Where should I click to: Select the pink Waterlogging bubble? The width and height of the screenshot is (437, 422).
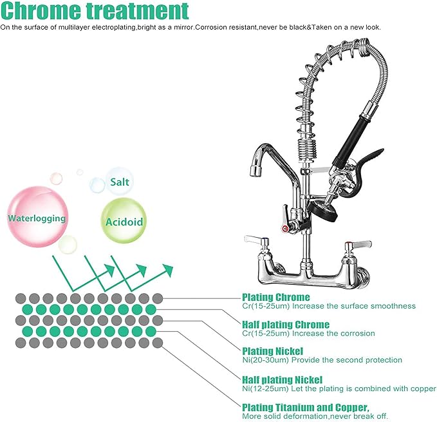point(37,218)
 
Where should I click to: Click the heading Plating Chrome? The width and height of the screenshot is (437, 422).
point(275,297)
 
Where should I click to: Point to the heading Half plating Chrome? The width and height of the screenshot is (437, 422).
point(285,324)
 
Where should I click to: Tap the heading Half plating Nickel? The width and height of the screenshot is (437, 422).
point(282,379)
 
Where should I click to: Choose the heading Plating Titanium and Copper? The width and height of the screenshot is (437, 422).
point(305,407)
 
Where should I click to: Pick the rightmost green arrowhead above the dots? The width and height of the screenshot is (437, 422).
point(169,267)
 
